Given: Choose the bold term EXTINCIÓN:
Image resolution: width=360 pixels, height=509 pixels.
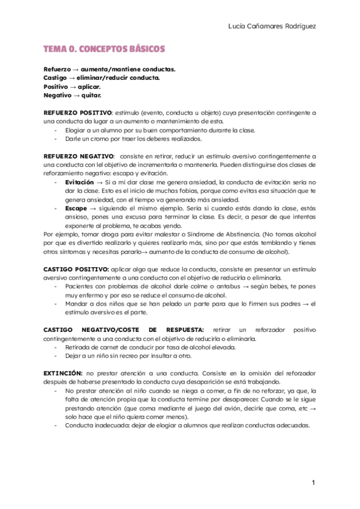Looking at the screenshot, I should pos(63,373).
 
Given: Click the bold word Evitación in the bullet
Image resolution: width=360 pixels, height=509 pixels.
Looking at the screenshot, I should pos(79,182).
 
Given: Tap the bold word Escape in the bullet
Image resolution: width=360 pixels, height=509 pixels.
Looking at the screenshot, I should pos(76,208).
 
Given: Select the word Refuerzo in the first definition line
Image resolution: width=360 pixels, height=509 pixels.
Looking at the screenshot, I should pos(58,69).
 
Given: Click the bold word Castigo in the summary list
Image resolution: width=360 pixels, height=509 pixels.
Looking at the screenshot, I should pos(55,77).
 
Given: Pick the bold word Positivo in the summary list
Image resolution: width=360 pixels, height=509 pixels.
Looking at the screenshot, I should pos(56,86).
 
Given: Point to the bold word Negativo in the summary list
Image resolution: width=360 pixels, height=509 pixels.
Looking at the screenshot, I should pos(58,95).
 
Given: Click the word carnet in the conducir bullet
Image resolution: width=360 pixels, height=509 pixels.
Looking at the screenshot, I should pos(105,347).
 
